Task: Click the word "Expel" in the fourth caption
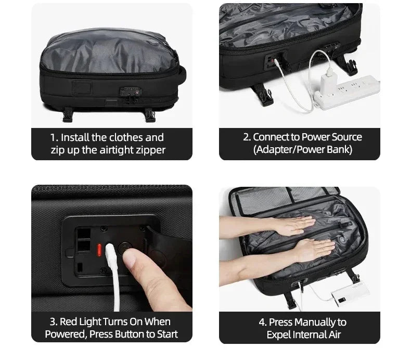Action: [280, 335]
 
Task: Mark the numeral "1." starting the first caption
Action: [54, 137]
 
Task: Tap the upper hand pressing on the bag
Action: [291, 226]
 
